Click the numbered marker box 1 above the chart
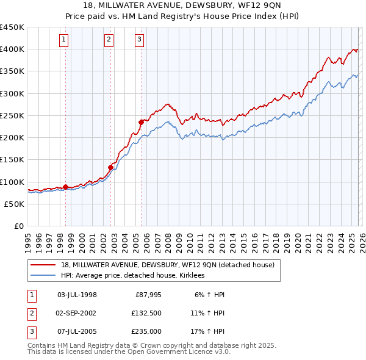63,40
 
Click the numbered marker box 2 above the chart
109,40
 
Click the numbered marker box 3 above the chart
139,40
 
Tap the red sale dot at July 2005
141,122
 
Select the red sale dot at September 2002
111,167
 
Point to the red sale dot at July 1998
66,187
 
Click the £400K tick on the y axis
12,49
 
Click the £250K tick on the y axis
12,115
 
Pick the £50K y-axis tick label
15,204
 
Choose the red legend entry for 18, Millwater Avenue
168,265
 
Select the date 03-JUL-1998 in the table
77,295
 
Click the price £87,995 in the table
147,295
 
